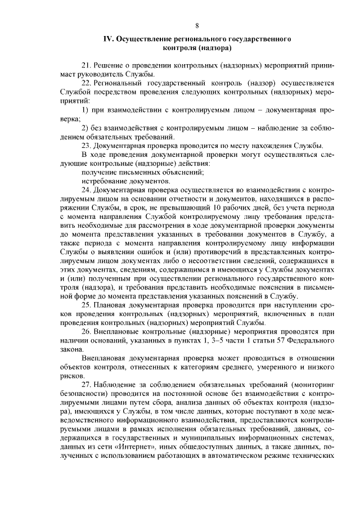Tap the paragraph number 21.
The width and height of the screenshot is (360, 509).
(87, 65)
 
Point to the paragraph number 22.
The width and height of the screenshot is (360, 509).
(87, 82)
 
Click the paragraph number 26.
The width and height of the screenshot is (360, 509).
(87, 332)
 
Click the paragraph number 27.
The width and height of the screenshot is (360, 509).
(87, 384)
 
